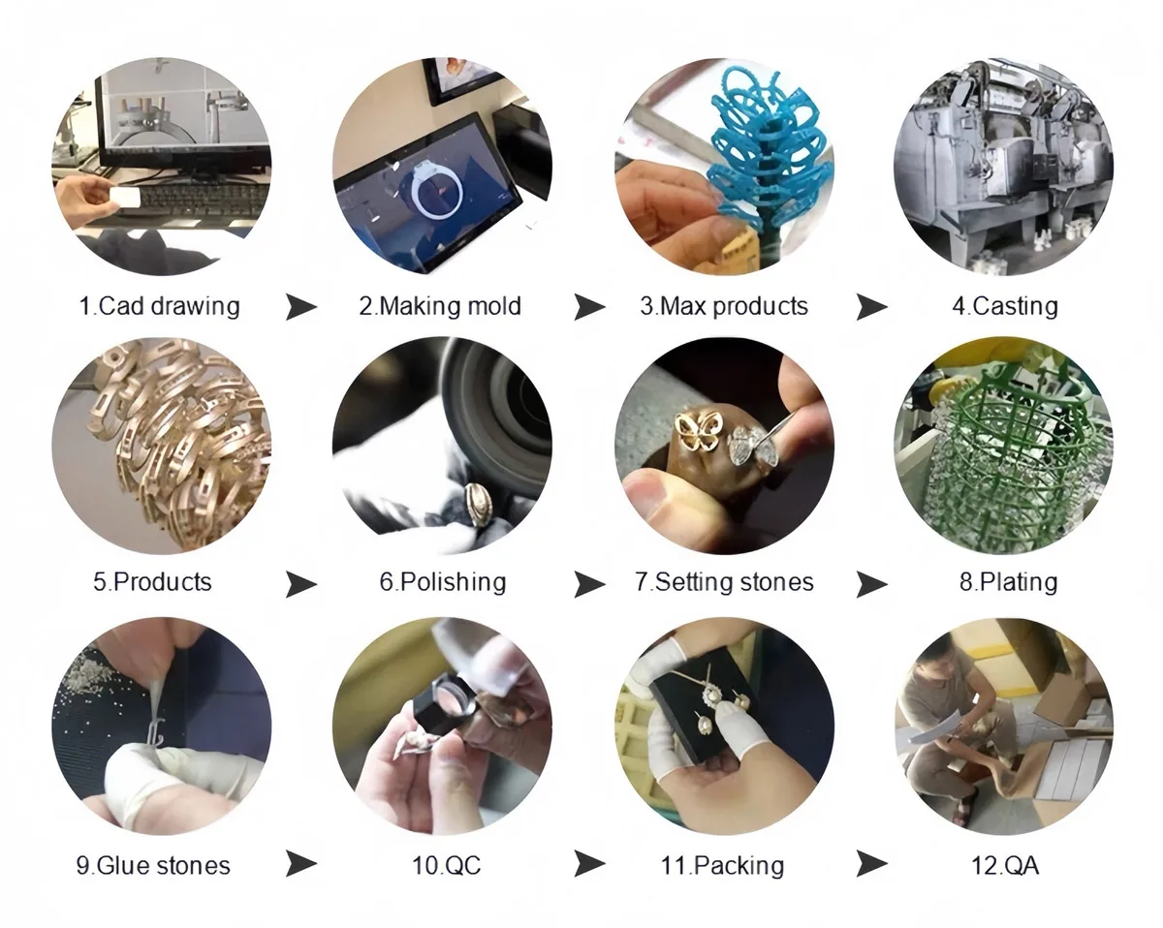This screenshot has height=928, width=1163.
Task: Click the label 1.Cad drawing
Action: (159, 306)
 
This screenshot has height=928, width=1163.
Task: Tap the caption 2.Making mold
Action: (440, 306)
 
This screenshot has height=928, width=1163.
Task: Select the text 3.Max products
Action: (723, 306)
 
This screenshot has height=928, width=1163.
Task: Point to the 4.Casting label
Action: (1004, 306)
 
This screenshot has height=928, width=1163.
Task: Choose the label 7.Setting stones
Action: (724, 582)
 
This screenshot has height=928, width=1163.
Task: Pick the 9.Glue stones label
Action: (153, 864)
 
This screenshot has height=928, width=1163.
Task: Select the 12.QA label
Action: (1005, 864)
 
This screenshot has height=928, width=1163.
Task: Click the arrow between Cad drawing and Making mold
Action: (301, 307)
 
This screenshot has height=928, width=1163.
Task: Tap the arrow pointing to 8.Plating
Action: (871, 583)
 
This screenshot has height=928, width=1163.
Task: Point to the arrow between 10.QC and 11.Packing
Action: (589, 863)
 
